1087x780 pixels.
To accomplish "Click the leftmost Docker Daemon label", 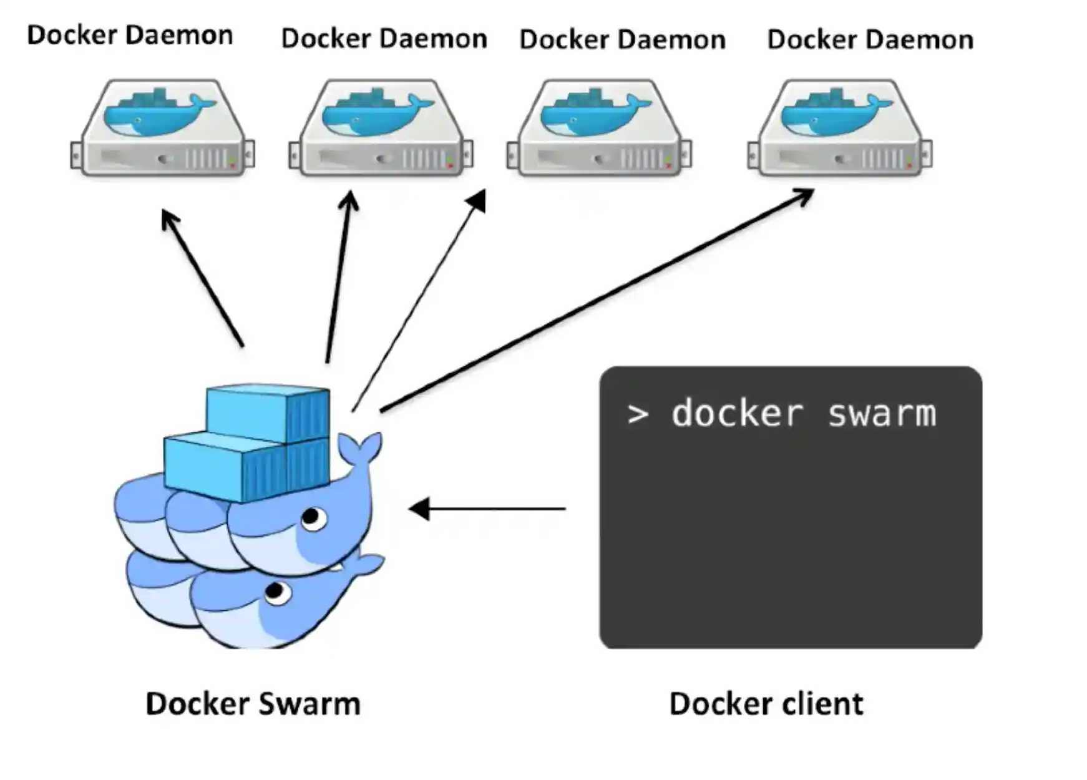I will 130,35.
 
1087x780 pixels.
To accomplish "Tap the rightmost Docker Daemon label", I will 870,39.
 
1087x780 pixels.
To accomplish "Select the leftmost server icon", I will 162,128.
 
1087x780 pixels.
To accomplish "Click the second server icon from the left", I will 381,128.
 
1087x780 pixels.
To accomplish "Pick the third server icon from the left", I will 599,128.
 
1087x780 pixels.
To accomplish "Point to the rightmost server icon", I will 840,128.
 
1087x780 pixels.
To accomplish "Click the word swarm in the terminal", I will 882,414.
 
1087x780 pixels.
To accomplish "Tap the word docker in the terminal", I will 737,414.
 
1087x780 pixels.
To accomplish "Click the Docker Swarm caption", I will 253,704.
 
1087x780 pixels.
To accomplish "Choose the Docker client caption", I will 766,704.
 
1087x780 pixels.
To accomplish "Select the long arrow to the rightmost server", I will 596,300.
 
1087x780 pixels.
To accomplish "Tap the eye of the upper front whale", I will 312,517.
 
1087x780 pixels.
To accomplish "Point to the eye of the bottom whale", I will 276,591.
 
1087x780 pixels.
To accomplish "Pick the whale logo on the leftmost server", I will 159,112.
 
